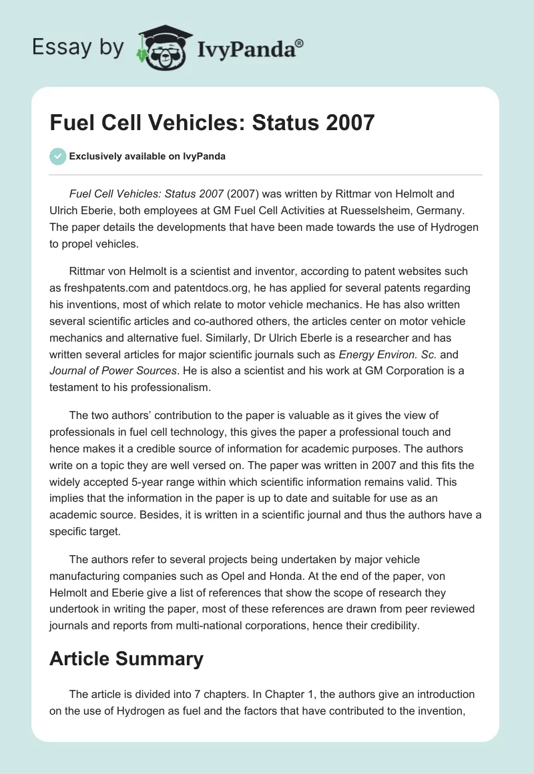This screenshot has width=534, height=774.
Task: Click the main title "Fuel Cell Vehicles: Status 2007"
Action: (x=212, y=122)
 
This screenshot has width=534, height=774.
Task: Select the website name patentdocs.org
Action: (x=227, y=288)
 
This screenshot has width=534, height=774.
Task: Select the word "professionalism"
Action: (x=157, y=386)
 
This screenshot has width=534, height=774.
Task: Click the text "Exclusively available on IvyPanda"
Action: (x=147, y=156)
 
